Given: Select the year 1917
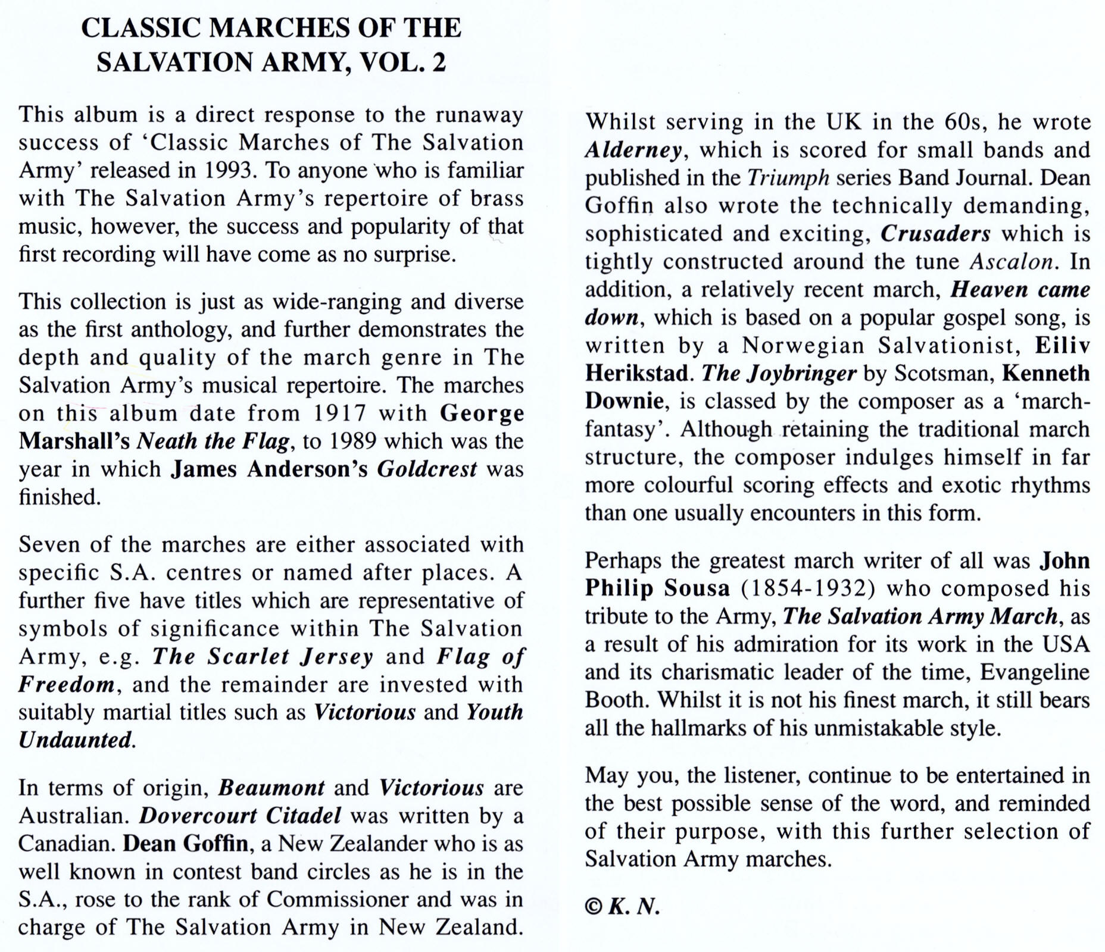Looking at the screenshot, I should [x=341, y=413].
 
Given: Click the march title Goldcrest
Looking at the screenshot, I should [x=427, y=469].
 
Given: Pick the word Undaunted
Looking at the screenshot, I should [x=75, y=740].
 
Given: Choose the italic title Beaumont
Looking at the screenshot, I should [x=271, y=788].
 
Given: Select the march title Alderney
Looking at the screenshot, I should [x=633, y=150].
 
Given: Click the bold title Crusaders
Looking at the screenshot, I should [x=935, y=234].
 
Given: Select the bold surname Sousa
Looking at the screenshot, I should [x=697, y=588].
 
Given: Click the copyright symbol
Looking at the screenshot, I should [x=594, y=907].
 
